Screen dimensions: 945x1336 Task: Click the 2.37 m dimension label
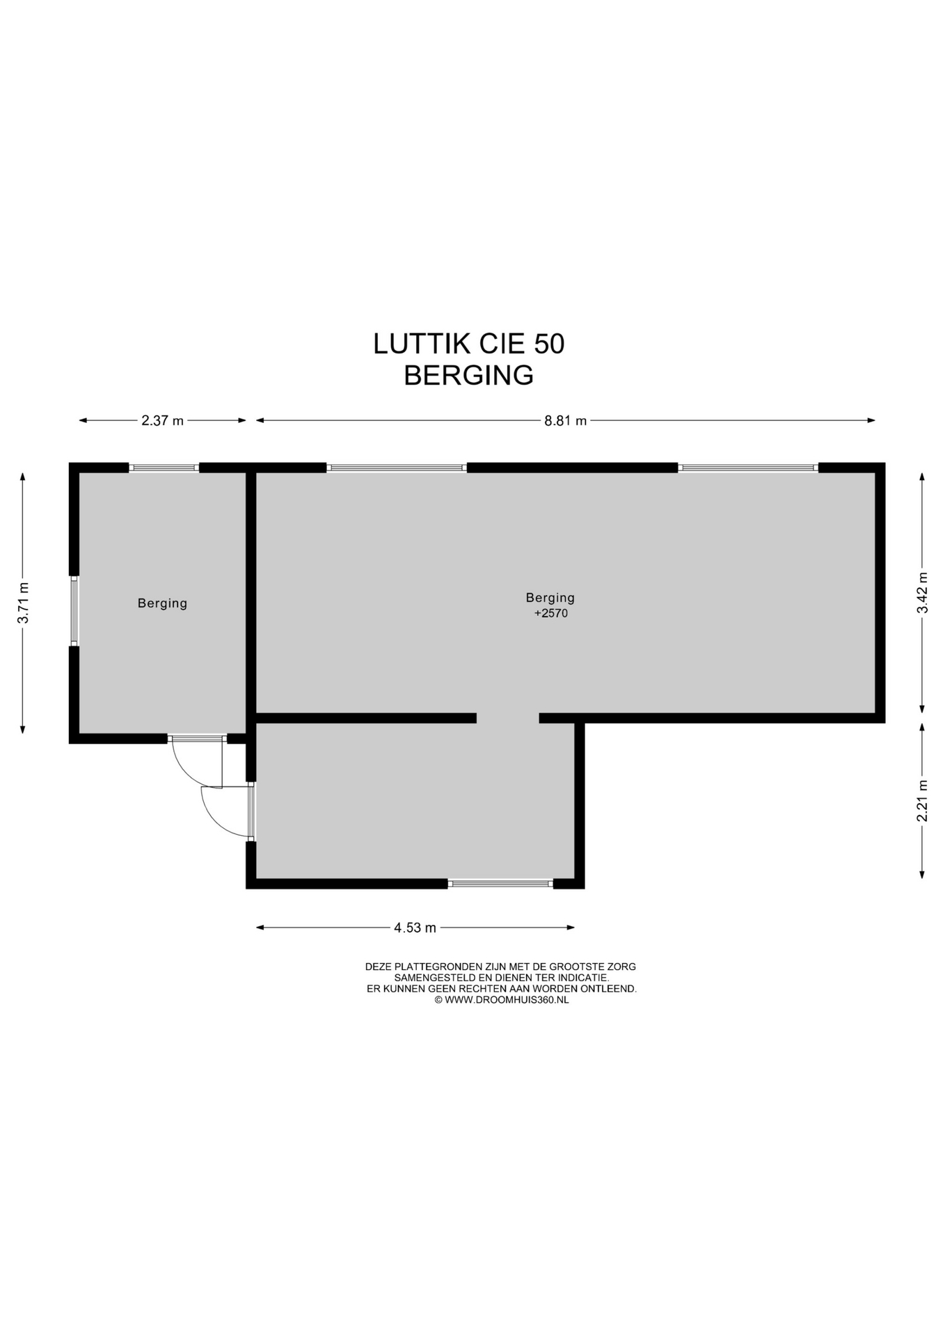162,420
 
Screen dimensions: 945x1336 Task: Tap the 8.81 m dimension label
565,420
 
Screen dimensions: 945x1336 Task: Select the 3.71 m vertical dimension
23,603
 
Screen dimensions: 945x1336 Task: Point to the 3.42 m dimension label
922,593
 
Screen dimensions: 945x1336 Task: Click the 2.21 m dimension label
922,800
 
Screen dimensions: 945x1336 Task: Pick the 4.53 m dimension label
415,928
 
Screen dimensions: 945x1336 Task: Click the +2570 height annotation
550,614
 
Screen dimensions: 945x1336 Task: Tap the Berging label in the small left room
162,603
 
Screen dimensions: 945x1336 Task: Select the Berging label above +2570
550,598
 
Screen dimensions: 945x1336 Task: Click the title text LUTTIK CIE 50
468,344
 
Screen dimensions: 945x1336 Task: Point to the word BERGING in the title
468,376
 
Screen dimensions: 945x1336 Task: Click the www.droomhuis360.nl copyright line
501,1000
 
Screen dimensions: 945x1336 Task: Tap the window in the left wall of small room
74,611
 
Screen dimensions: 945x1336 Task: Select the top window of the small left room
164,468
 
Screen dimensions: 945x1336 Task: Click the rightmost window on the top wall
748,468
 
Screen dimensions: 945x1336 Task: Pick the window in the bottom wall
500,884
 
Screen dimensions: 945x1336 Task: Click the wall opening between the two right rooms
508,718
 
